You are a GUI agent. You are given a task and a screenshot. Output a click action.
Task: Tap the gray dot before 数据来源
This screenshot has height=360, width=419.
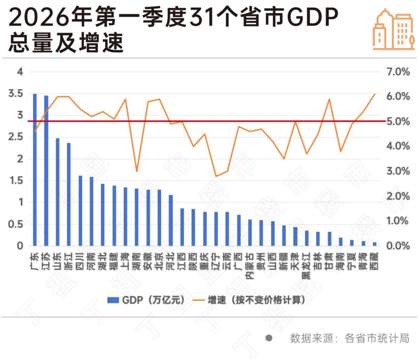click(268, 338)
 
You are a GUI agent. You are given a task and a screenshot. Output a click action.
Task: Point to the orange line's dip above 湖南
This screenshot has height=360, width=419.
click(137, 171)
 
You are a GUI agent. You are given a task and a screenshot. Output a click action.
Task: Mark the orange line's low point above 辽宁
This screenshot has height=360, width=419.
click(216, 176)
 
